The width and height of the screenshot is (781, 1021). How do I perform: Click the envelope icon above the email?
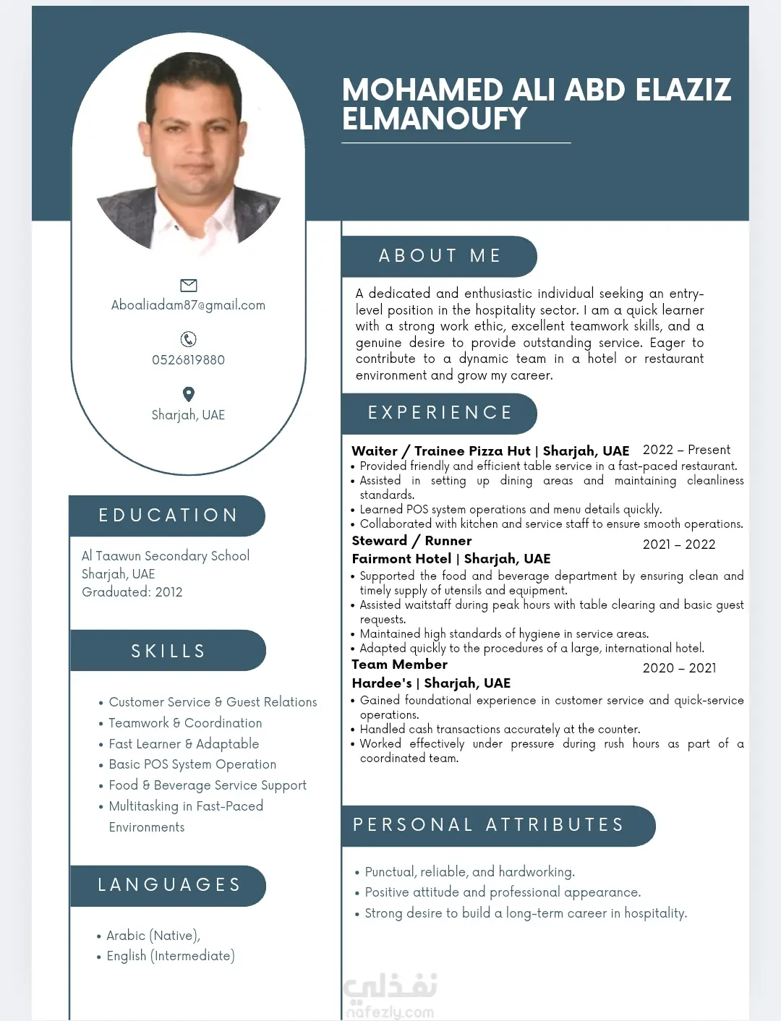click(188, 285)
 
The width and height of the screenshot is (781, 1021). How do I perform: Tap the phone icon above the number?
click(188, 339)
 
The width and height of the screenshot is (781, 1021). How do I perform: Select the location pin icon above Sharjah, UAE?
click(188, 394)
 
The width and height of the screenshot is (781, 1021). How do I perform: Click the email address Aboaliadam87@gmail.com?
click(188, 305)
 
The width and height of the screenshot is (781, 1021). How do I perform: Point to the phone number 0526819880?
click(188, 360)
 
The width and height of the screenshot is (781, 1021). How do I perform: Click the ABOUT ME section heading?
click(440, 256)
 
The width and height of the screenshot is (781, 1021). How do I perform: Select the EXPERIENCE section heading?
click(440, 413)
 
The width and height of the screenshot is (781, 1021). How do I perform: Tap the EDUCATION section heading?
click(168, 516)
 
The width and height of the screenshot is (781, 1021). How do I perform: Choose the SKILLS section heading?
click(168, 652)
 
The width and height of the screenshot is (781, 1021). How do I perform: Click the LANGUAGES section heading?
click(169, 885)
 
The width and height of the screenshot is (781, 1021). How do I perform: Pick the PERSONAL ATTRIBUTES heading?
click(488, 825)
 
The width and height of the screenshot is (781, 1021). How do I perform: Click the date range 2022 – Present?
click(686, 450)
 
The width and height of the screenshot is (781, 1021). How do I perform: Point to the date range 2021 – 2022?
click(679, 544)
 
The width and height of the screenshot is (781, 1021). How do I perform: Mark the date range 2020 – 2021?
click(679, 668)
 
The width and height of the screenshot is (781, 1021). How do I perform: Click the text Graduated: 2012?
click(132, 592)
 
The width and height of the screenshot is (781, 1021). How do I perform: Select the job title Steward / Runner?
click(411, 541)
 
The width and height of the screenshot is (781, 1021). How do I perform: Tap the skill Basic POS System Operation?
click(192, 764)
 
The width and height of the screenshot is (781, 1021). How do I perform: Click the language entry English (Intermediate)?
click(171, 956)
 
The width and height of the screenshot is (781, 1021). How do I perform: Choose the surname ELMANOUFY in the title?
click(435, 119)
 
